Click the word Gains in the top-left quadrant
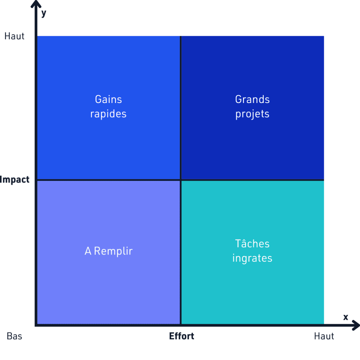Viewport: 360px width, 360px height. point(108,99)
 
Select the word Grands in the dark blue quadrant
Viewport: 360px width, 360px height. point(252,99)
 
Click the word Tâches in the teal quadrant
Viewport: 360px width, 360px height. point(252,243)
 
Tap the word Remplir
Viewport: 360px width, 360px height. point(113,251)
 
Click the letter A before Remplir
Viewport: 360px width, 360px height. point(88,251)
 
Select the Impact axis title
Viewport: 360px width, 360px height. point(15,180)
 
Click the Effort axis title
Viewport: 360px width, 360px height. point(182,336)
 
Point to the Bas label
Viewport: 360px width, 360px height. point(14,336)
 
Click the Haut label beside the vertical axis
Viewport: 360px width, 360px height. point(14,36)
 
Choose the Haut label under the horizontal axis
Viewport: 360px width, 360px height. point(324,336)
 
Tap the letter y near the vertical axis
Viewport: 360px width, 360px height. point(44,14)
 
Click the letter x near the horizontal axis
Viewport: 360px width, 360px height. point(346,317)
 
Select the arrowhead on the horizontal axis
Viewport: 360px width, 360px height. point(356,325)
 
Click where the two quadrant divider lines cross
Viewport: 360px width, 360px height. point(181,180)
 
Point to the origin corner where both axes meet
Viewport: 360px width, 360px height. point(36,325)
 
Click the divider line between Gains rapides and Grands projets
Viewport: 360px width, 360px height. point(181,108)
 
